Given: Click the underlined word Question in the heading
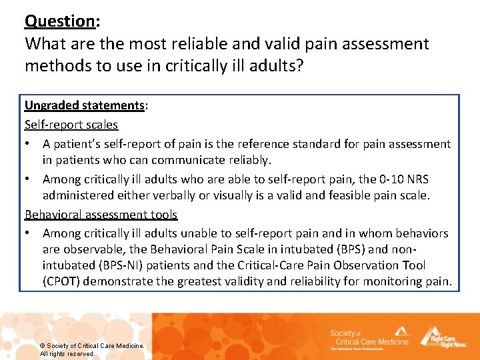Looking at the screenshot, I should [60, 21].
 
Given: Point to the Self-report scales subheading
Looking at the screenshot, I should [71, 125].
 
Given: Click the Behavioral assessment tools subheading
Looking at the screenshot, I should [101, 215].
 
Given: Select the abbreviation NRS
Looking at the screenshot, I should [418, 180].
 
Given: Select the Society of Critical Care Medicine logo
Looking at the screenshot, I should [370, 337].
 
